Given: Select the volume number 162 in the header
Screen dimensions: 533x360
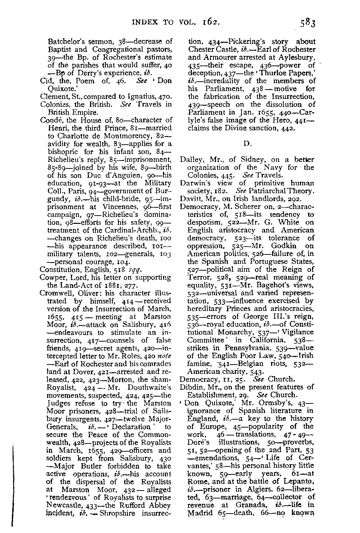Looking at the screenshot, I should coord(210,22).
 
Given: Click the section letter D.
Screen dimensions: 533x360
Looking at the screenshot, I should coord(247,144).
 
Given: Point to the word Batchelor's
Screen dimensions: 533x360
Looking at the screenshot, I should coord(67,42).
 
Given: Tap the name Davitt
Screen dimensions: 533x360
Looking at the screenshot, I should coord(189,199).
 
